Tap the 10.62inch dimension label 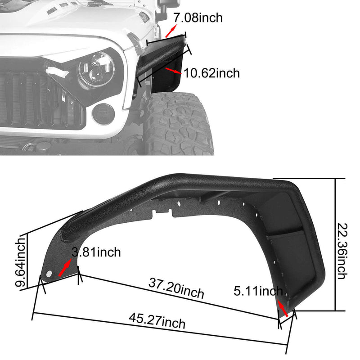pyautogui.click(x=211, y=72)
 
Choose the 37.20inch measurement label pyautogui.click(x=176, y=288)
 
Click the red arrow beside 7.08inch pyautogui.click(x=171, y=31)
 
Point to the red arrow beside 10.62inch pyautogui.click(x=171, y=70)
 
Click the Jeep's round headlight pyautogui.click(x=96, y=70)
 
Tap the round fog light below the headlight pyautogui.click(x=103, y=113)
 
